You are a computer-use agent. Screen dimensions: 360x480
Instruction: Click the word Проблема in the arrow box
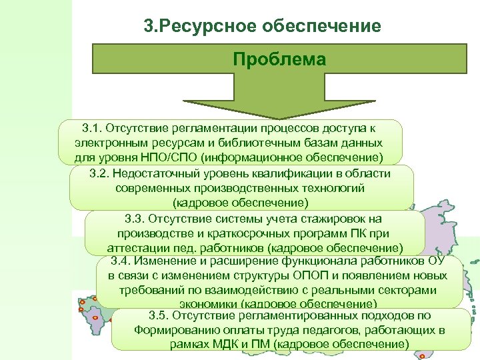(279, 59)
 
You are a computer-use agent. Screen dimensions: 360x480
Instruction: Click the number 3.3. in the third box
(137, 219)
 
